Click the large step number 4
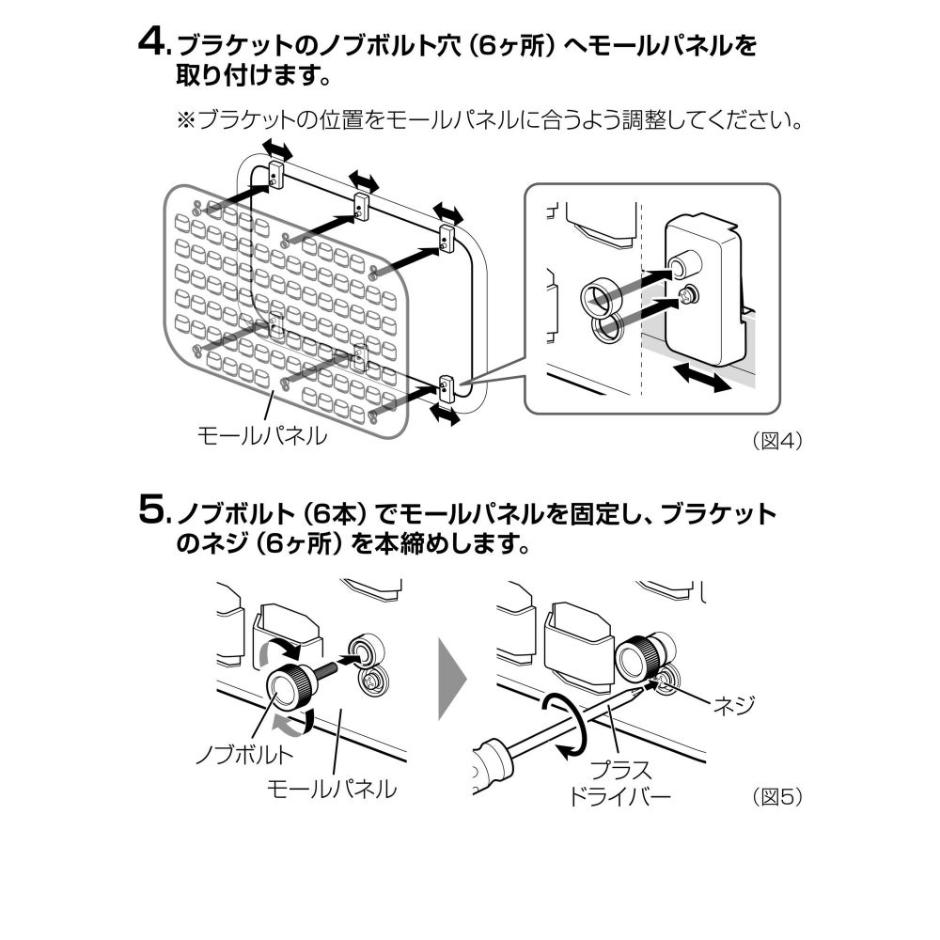coord(151,43)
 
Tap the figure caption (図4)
coord(777,441)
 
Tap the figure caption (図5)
coord(777,797)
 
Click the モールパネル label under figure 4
coord(262,435)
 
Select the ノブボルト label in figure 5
coord(245,754)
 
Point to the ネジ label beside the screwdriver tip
coord(733,705)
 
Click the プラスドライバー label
coord(619,784)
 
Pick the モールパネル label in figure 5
coord(332,789)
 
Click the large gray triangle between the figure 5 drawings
coord(452,679)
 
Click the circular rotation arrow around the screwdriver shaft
coord(564,726)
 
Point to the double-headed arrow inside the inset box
coord(701,377)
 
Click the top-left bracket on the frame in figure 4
coord(275,174)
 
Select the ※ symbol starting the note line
coord(186,120)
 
